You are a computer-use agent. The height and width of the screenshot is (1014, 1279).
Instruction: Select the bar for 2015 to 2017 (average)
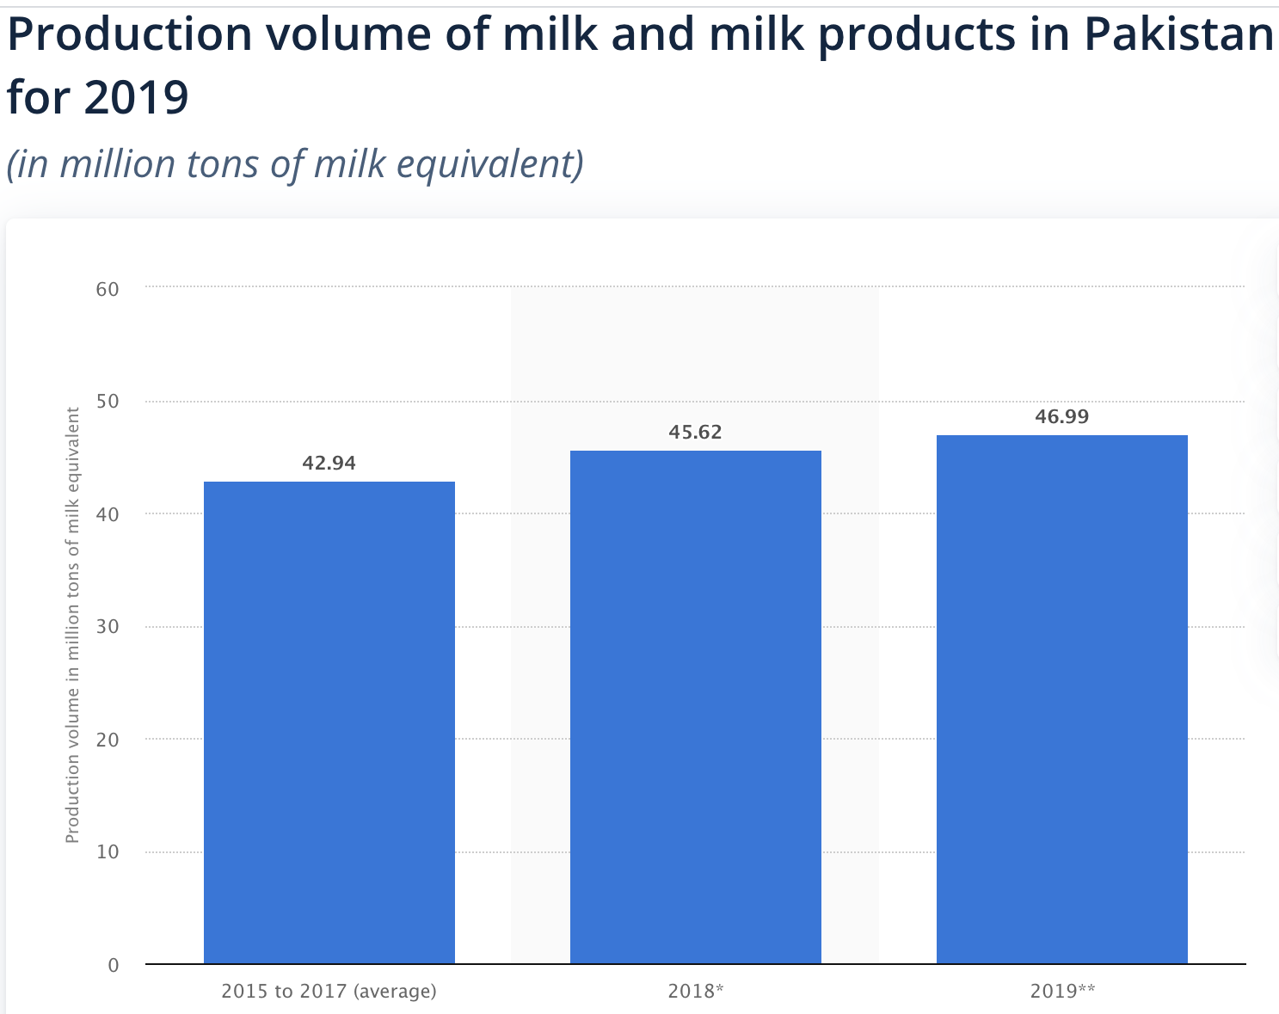(329, 722)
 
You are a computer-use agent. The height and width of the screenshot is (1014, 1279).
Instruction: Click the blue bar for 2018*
(695, 707)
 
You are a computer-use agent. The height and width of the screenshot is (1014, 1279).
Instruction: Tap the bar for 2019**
(1061, 699)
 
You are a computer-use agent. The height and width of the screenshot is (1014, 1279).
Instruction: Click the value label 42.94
(329, 464)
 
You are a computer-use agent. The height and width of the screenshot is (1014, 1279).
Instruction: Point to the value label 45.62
(695, 433)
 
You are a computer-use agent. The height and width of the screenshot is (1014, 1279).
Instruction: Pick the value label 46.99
(1061, 417)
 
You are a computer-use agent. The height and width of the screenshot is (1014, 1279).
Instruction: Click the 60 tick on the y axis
(108, 289)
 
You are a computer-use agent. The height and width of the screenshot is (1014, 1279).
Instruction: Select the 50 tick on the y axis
(108, 402)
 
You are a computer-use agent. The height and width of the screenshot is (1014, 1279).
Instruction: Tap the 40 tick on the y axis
(108, 514)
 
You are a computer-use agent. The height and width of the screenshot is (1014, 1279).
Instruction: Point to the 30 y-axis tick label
(108, 627)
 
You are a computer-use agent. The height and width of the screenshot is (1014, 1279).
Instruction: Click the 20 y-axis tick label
(108, 740)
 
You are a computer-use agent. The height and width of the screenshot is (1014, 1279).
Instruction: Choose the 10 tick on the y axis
(108, 852)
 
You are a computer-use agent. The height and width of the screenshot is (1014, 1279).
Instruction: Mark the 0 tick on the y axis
(113, 965)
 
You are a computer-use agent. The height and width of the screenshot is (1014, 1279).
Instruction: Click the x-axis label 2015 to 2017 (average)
(329, 991)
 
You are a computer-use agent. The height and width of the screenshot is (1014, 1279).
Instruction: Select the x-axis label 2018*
(695, 991)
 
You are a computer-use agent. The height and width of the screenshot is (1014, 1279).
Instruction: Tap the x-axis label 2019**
(1062, 991)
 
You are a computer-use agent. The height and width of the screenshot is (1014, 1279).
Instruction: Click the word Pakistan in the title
(1178, 34)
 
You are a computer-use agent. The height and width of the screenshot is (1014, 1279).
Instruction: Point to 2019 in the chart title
(135, 98)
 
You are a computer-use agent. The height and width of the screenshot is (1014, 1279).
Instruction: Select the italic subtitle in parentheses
(295, 163)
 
